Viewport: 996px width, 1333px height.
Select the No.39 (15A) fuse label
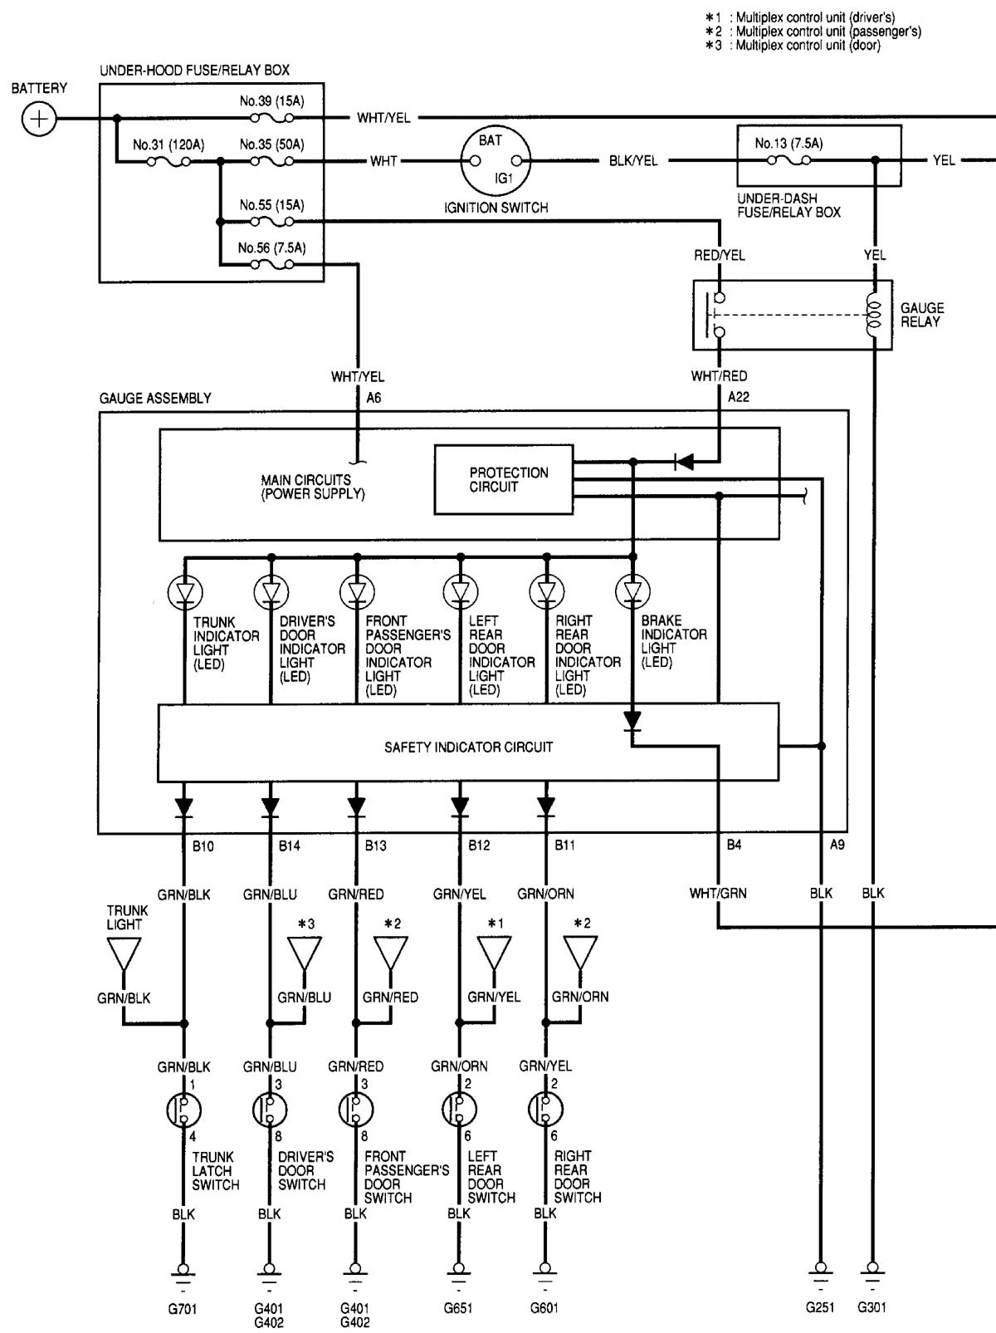point(271,101)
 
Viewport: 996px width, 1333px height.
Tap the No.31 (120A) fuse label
point(168,145)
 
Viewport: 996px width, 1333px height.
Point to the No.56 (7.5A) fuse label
point(271,247)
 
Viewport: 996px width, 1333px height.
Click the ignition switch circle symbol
point(496,160)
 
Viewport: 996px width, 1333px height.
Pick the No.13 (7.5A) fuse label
point(788,144)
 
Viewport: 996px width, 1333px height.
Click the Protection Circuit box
point(504,480)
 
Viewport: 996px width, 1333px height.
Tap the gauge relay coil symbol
point(871,315)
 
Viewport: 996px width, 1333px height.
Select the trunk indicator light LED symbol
point(185,592)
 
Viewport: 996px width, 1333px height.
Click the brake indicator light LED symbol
point(632,592)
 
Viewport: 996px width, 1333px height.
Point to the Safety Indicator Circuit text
point(468,747)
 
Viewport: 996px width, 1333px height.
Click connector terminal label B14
point(289,845)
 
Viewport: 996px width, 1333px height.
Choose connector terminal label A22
point(738,397)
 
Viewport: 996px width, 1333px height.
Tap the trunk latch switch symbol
point(184,1109)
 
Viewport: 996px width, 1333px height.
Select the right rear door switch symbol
point(545,1109)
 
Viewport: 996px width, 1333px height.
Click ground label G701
point(183,1308)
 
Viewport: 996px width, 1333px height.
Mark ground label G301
point(871,1307)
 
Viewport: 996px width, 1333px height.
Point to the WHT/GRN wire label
point(718,894)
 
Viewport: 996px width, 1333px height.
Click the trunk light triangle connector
point(124,955)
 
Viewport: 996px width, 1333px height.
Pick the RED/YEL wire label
point(720,256)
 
